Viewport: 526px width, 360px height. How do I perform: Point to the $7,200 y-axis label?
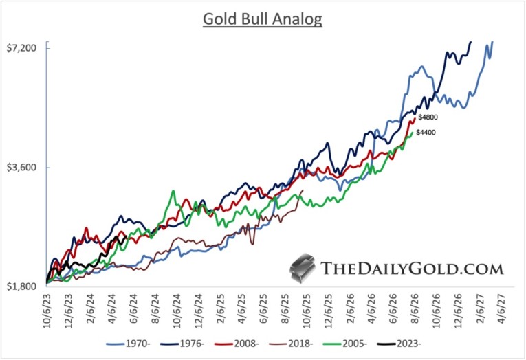[25, 47]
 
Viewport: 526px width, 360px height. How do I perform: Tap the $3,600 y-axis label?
[25, 168]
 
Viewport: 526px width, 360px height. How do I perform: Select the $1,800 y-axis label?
[25, 287]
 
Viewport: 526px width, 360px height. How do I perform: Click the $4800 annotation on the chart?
[428, 118]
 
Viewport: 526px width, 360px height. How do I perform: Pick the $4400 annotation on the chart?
[426, 133]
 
